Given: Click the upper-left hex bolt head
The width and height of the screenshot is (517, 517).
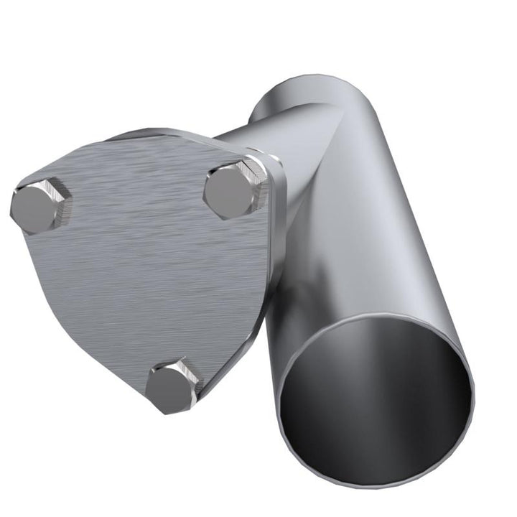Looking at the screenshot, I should coord(39,207).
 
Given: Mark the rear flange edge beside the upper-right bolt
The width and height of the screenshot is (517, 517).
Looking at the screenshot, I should coord(276,180).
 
